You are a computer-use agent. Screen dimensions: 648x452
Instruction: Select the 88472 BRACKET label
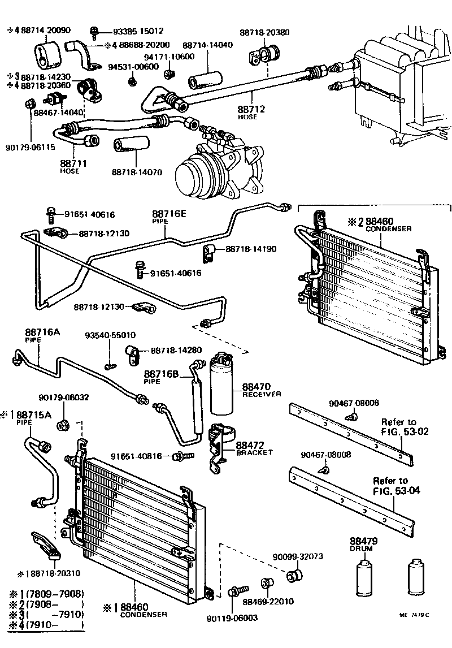tap(254, 448)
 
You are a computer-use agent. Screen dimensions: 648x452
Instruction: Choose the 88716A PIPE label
tap(42, 335)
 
